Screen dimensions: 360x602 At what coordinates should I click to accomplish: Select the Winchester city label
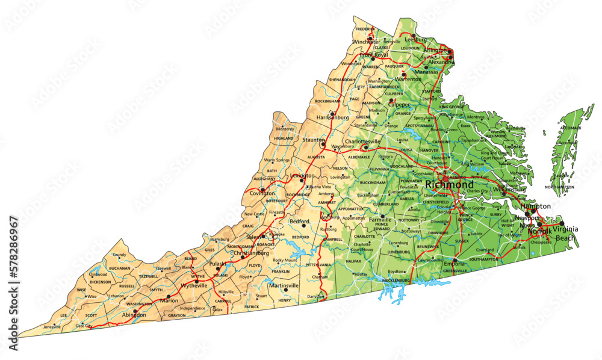[367, 42]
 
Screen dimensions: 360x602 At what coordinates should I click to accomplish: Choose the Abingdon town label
[133, 314]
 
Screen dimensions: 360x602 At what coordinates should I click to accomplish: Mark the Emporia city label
[455, 264]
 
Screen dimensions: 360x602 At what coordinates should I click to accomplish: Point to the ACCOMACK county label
[570, 128]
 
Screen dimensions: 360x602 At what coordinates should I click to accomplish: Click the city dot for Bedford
[303, 227]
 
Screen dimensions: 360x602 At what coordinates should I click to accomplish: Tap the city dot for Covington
[262, 189]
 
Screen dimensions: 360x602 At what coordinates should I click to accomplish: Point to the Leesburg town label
[417, 40]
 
